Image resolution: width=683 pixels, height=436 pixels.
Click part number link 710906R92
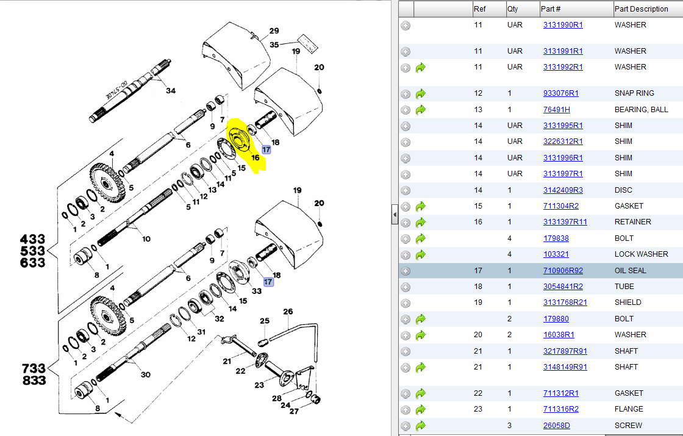563,270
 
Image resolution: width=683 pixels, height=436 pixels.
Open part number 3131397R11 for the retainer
565,222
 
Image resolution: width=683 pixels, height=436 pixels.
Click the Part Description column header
641,9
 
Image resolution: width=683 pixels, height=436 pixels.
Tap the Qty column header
513,9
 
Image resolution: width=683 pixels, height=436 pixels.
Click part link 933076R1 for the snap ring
560,93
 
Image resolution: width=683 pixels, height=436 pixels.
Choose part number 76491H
556,109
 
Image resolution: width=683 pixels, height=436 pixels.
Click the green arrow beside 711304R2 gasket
420,207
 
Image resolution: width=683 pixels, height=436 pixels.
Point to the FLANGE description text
628,409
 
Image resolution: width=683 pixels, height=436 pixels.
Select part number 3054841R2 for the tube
563,287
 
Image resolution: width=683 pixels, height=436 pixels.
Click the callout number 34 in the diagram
171,91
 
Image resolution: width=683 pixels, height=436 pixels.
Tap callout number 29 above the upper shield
274,31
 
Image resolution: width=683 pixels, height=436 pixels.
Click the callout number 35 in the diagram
274,45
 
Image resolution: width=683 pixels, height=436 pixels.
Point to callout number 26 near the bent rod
288,312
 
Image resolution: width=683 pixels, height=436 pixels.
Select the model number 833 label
33,381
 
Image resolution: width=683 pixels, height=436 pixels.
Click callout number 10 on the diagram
146,239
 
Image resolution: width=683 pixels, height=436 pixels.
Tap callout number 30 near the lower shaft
146,374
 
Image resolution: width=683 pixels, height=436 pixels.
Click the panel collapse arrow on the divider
395,215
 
